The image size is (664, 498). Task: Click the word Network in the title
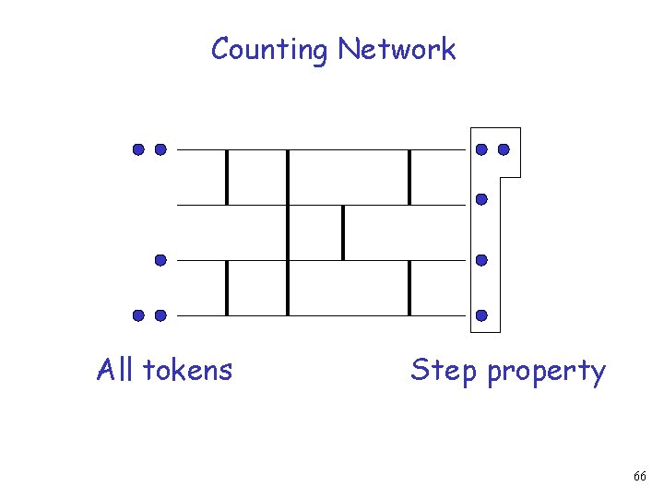(396, 48)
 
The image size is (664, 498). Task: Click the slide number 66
(640, 476)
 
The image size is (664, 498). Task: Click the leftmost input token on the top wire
(137, 148)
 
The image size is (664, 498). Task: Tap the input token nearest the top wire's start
(160, 148)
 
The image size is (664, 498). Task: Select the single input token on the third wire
(160, 260)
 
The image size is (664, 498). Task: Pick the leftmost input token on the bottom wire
(137, 315)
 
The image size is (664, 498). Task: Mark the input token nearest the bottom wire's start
(160, 315)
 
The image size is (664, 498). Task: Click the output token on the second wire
(481, 198)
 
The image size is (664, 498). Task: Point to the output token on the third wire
(481, 260)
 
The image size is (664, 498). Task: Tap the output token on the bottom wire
(481, 315)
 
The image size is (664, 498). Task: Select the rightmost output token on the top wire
(504, 148)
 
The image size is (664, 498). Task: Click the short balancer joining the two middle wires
(343, 232)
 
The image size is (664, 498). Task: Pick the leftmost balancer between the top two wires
(227, 176)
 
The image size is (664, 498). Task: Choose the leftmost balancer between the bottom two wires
(227, 288)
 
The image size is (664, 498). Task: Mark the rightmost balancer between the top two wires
(409, 176)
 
